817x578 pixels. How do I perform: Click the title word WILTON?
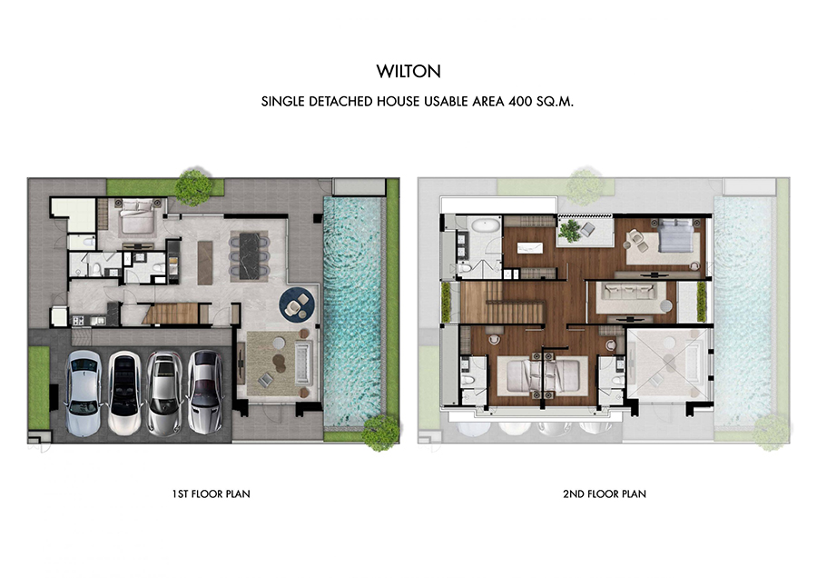click(408, 72)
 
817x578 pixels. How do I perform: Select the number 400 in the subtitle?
click(520, 101)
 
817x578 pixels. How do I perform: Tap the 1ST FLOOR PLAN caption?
click(211, 493)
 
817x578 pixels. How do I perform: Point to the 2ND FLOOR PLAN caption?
click(605, 493)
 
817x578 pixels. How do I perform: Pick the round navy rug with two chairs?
click(297, 304)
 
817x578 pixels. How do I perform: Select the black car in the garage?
click(124, 393)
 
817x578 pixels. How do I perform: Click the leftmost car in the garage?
click(84, 393)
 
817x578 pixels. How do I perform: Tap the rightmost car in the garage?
click(205, 392)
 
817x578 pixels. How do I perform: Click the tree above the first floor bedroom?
click(194, 186)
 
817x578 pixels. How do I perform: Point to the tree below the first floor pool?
click(382, 432)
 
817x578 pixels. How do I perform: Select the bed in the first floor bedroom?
click(139, 216)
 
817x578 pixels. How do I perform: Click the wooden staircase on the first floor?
click(171, 313)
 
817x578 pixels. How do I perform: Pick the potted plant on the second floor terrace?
click(571, 230)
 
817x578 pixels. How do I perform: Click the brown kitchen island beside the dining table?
click(205, 263)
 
